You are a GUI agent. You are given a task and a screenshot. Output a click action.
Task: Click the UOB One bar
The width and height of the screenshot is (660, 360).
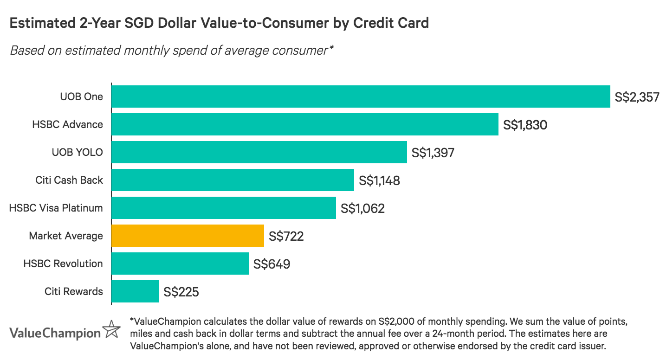[361, 96]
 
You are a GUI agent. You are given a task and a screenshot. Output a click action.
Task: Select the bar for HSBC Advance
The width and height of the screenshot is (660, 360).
[305, 124]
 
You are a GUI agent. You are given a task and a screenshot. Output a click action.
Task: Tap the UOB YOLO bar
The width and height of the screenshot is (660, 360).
[259, 152]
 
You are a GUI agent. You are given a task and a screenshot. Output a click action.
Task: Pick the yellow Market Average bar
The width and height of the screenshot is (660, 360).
[188, 236]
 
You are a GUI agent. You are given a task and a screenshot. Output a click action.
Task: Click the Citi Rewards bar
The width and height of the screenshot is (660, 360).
[135, 291]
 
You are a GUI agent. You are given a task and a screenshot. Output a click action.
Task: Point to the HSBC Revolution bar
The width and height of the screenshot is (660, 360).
[180, 264]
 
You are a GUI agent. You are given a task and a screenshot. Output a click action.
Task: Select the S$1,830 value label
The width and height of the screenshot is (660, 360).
[525, 125]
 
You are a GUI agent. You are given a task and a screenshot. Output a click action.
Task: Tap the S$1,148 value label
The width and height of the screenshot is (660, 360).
[379, 180]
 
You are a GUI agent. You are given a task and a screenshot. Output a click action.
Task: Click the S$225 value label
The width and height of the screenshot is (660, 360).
[181, 292]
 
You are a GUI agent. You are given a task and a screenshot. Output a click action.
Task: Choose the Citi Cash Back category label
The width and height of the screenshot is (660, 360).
[69, 180]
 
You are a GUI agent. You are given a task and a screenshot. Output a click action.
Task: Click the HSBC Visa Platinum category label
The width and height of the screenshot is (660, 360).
[56, 208]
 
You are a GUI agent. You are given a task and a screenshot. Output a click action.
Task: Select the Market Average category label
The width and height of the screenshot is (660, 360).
[66, 236]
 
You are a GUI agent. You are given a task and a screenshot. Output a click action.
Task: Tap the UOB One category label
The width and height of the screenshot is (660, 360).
[81, 96]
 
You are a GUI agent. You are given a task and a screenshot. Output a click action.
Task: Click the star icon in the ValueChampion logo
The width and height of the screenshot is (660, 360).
[111, 329]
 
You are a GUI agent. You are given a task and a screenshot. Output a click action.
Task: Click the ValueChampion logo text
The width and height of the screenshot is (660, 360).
[55, 333]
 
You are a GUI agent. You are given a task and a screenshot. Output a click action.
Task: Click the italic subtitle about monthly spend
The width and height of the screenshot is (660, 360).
[172, 50]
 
